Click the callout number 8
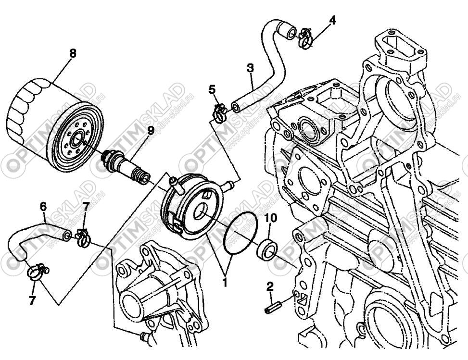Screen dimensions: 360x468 72,53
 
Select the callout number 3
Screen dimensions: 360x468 250,68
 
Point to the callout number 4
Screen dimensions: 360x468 332,20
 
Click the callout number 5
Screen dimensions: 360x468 212,89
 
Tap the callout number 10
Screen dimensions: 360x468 271,219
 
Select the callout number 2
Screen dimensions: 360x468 270,287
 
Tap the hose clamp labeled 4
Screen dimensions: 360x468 304,37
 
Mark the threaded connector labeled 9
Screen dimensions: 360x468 126,164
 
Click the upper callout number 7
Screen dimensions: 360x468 86,207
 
